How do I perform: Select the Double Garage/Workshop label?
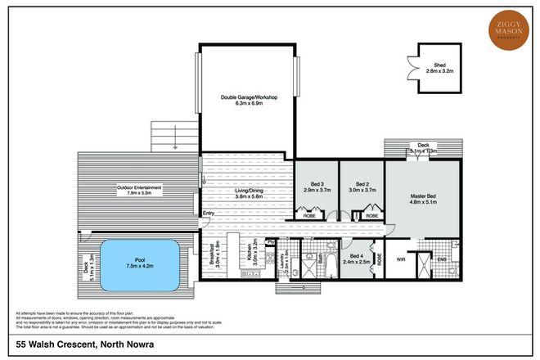coord(250,101)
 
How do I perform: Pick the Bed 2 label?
coord(361,186)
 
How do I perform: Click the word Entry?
coord(209,215)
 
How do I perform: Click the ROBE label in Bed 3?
coord(311,214)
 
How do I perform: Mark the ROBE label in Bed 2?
coord(371,215)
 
